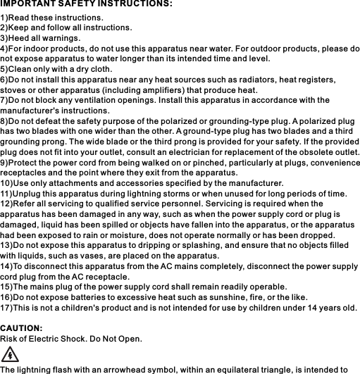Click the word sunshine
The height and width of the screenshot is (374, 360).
click(215, 297)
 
